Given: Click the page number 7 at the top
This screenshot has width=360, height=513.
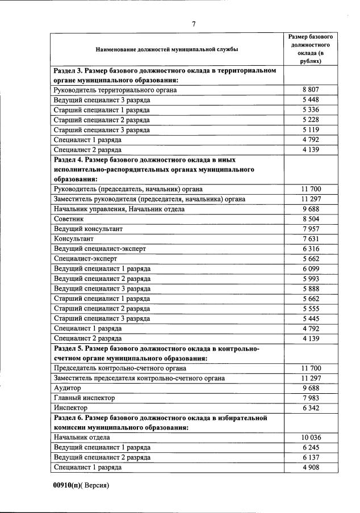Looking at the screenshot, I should (194, 24).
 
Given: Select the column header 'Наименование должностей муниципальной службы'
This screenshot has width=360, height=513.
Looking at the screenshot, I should (167, 50).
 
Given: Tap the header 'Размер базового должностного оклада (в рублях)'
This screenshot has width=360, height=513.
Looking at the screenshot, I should (310, 49).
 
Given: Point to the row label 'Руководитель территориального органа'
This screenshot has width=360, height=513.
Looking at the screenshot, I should (115, 90).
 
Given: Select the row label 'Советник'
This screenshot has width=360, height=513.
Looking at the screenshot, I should (69, 218).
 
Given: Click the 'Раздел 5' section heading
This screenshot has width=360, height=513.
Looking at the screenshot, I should (156, 353).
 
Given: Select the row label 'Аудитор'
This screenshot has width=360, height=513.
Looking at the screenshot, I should (67, 388).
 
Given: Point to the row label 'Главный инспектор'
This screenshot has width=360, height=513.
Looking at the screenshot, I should (83, 398).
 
